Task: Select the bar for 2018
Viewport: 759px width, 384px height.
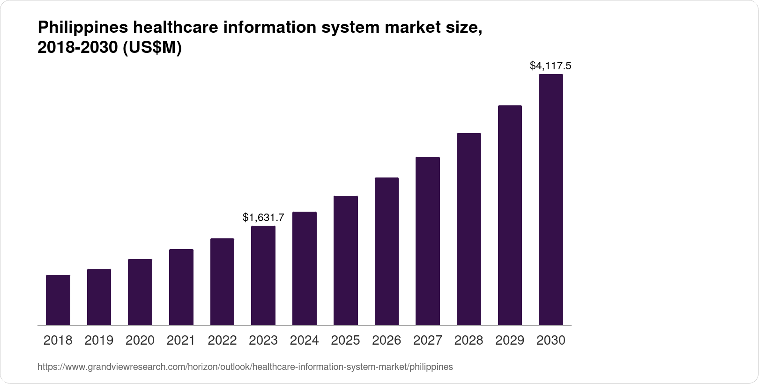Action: point(58,300)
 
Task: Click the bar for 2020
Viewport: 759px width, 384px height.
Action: point(140,292)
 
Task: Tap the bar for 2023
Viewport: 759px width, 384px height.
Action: point(263,275)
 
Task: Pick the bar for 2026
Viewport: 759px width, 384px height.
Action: point(387,251)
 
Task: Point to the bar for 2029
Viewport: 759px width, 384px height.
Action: point(510,215)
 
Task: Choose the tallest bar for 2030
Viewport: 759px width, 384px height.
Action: point(551,199)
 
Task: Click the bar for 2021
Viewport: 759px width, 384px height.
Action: point(181,287)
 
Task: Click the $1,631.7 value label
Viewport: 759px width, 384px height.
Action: point(263,217)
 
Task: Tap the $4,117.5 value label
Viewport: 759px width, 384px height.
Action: point(551,66)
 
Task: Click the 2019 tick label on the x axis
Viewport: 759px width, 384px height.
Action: point(99,340)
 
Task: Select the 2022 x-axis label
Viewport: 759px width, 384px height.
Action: point(222,340)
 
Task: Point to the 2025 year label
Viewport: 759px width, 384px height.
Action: point(345,340)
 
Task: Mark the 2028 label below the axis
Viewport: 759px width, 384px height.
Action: point(469,340)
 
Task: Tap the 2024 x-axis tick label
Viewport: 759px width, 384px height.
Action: point(304,340)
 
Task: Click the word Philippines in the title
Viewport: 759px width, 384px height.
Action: point(82,28)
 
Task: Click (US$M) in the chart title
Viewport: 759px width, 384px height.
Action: point(152,48)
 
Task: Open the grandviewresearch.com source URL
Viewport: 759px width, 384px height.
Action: point(245,367)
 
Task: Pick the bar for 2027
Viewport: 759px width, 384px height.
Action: point(427,241)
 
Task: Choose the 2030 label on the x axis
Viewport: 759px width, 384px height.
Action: point(551,340)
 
